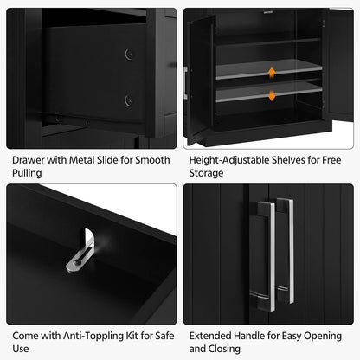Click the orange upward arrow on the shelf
pos(272,72)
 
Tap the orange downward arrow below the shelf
pos(272,94)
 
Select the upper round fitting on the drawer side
pos(129,55)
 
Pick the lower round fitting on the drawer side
pos(129,100)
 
